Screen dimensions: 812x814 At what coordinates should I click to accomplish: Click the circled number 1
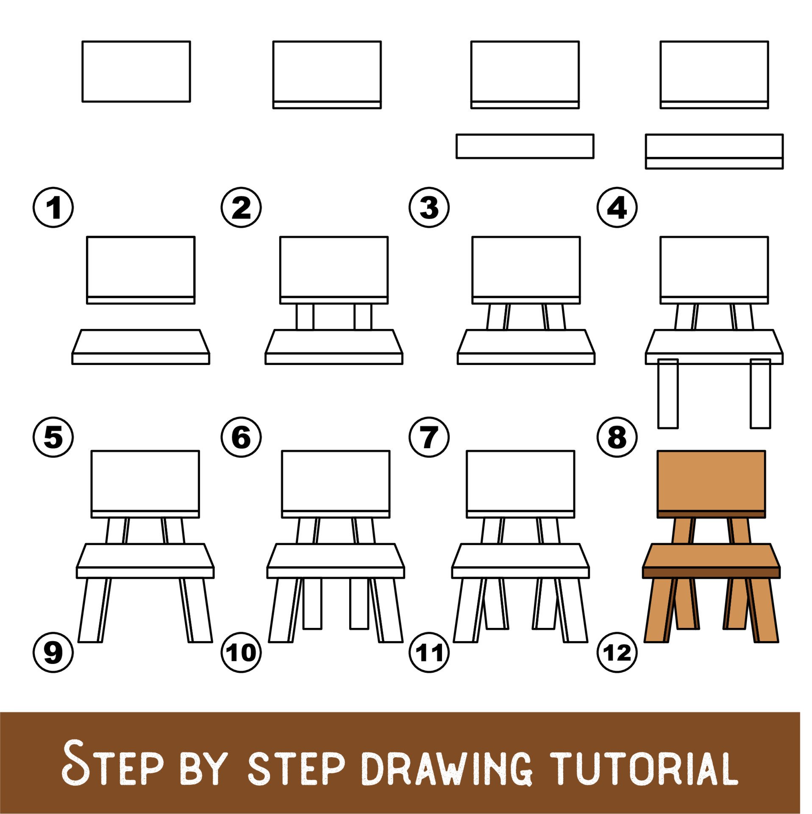[53, 208]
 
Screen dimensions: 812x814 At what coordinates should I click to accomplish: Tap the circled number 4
[617, 208]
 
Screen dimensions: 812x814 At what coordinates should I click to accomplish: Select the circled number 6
[241, 437]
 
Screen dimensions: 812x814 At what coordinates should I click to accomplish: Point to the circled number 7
[429, 437]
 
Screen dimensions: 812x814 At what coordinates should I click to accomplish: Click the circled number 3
[429, 208]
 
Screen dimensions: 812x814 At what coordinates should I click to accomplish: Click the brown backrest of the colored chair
[711, 481]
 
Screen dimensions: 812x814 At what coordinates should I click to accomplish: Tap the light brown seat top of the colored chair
[711, 555]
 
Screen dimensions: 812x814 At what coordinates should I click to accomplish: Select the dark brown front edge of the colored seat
[711, 573]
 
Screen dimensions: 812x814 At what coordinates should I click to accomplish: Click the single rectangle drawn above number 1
[136, 71]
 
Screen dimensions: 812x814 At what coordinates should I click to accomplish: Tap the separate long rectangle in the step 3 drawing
[525, 146]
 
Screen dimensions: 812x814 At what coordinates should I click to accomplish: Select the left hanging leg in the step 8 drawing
[668, 394]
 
